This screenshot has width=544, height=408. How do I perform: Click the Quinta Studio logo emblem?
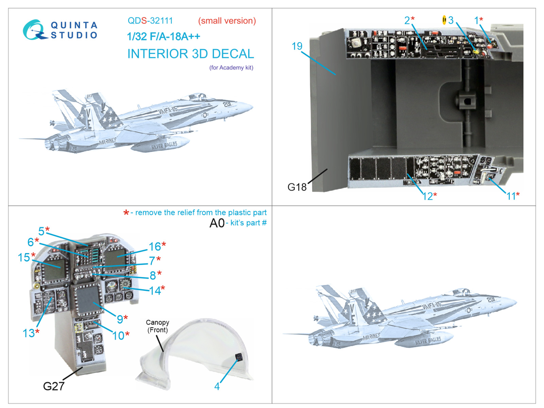pyautogui.click(x=34, y=30)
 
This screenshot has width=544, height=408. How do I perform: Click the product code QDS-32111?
pyautogui.click(x=150, y=21)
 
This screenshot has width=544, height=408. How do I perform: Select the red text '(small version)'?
pyautogui.click(x=227, y=21)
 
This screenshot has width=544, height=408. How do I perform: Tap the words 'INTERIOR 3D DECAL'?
pyautogui.click(x=190, y=54)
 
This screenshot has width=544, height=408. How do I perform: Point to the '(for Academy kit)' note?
pyautogui.click(x=231, y=68)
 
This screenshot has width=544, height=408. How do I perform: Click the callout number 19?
pyautogui.click(x=297, y=46)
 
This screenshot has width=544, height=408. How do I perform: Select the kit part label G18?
pyautogui.click(x=297, y=187)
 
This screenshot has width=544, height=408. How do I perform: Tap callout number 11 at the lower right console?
pyautogui.click(x=511, y=196)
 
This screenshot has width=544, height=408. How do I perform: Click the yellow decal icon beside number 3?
pyautogui.click(x=444, y=20)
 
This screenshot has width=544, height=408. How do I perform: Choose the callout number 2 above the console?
pyautogui.click(x=407, y=20)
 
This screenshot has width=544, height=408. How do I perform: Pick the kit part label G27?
pyautogui.click(x=53, y=386)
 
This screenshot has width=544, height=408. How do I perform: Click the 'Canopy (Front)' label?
pyautogui.click(x=157, y=326)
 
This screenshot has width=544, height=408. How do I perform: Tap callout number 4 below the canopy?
pyautogui.click(x=217, y=386)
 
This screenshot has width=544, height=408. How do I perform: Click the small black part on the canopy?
pyautogui.click(x=239, y=357)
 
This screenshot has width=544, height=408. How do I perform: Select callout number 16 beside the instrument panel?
pyautogui.click(x=155, y=247)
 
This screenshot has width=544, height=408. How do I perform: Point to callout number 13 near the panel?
pyautogui.click(x=29, y=333)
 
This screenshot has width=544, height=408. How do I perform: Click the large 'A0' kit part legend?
pyautogui.click(x=217, y=223)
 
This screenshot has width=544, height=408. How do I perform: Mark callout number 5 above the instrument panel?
pyautogui.click(x=41, y=231)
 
